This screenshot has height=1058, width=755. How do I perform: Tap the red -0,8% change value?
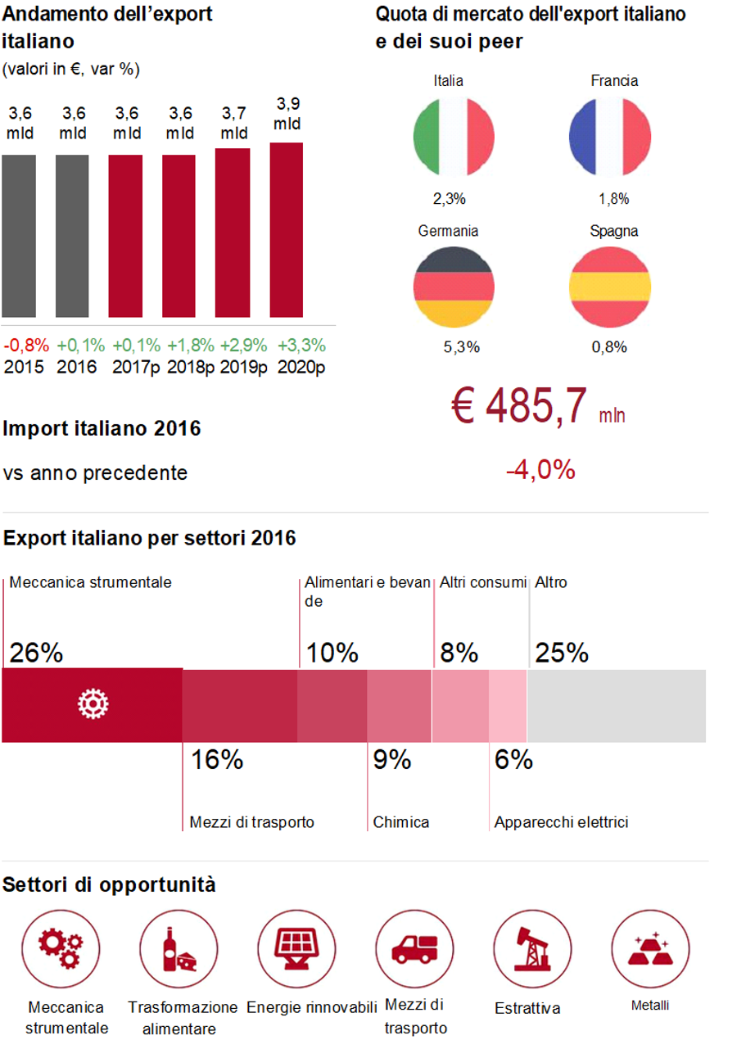tap(26, 345)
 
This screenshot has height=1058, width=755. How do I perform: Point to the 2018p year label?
tap(191, 366)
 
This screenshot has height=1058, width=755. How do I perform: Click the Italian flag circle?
tap(454, 136)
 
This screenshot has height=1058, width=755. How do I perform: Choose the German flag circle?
tap(454, 286)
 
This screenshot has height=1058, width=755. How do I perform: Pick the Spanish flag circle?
tap(609, 286)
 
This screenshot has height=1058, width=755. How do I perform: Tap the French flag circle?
tap(609, 136)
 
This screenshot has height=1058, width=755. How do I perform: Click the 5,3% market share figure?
tap(461, 347)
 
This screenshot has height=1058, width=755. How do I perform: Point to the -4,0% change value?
tap(540, 471)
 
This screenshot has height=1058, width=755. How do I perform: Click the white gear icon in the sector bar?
tap(93, 704)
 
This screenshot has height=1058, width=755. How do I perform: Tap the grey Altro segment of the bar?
tap(616, 705)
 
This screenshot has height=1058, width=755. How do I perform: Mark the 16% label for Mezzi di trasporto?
tap(217, 760)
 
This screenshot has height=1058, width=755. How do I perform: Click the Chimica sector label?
tap(401, 822)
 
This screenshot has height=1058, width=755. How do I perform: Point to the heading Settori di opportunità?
tap(110, 884)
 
